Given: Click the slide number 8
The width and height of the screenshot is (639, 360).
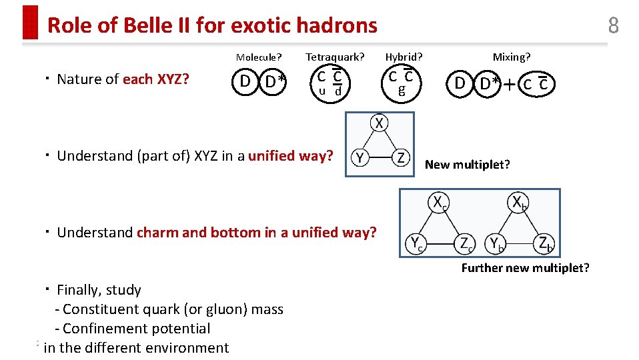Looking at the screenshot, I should [x=613, y=25].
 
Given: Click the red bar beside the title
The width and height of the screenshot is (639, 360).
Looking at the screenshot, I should [x=30, y=23].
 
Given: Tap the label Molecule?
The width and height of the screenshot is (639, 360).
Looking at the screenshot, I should [x=259, y=57].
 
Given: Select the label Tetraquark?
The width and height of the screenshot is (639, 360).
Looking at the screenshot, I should [x=335, y=57].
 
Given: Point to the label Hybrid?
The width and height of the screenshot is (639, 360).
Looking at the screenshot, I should [x=404, y=57].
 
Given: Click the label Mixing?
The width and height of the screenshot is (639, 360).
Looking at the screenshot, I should [x=512, y=57].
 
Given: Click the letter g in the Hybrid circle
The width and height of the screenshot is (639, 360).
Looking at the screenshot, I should [x=401, y=90].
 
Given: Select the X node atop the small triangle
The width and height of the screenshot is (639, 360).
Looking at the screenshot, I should [x=379, y=123].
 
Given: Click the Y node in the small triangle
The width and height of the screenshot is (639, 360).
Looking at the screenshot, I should [x=360, y=158].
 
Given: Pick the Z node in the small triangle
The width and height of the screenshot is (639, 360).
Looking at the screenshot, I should [x=400, y=158].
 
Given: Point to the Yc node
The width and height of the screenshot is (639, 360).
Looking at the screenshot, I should [x=416, y=244].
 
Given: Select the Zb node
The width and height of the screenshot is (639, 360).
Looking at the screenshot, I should [x=545, y=244].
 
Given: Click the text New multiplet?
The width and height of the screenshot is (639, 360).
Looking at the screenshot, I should [x=467, y=165].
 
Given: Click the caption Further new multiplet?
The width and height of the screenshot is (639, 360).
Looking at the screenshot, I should [x=525, y=268].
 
